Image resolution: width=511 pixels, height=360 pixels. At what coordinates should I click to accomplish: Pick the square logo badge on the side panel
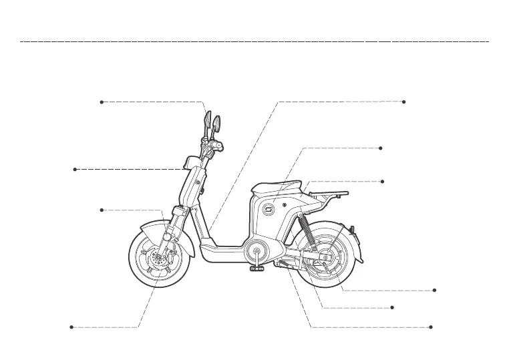click(269, 209)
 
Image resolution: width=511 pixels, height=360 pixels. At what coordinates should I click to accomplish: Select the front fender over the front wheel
click(155, 230)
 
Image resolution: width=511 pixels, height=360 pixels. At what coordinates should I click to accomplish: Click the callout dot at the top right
click(404, 102)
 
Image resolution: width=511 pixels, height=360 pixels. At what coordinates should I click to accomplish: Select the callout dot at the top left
click(101, 102)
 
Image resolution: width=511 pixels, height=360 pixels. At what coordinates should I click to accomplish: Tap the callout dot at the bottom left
click(71, 327)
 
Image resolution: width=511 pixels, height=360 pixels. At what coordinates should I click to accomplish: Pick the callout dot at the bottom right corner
click(432, 327)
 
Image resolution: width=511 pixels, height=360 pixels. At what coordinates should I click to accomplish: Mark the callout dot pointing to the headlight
click(75, 170)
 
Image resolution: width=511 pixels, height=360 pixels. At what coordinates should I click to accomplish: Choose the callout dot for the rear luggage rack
click(381, 181)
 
